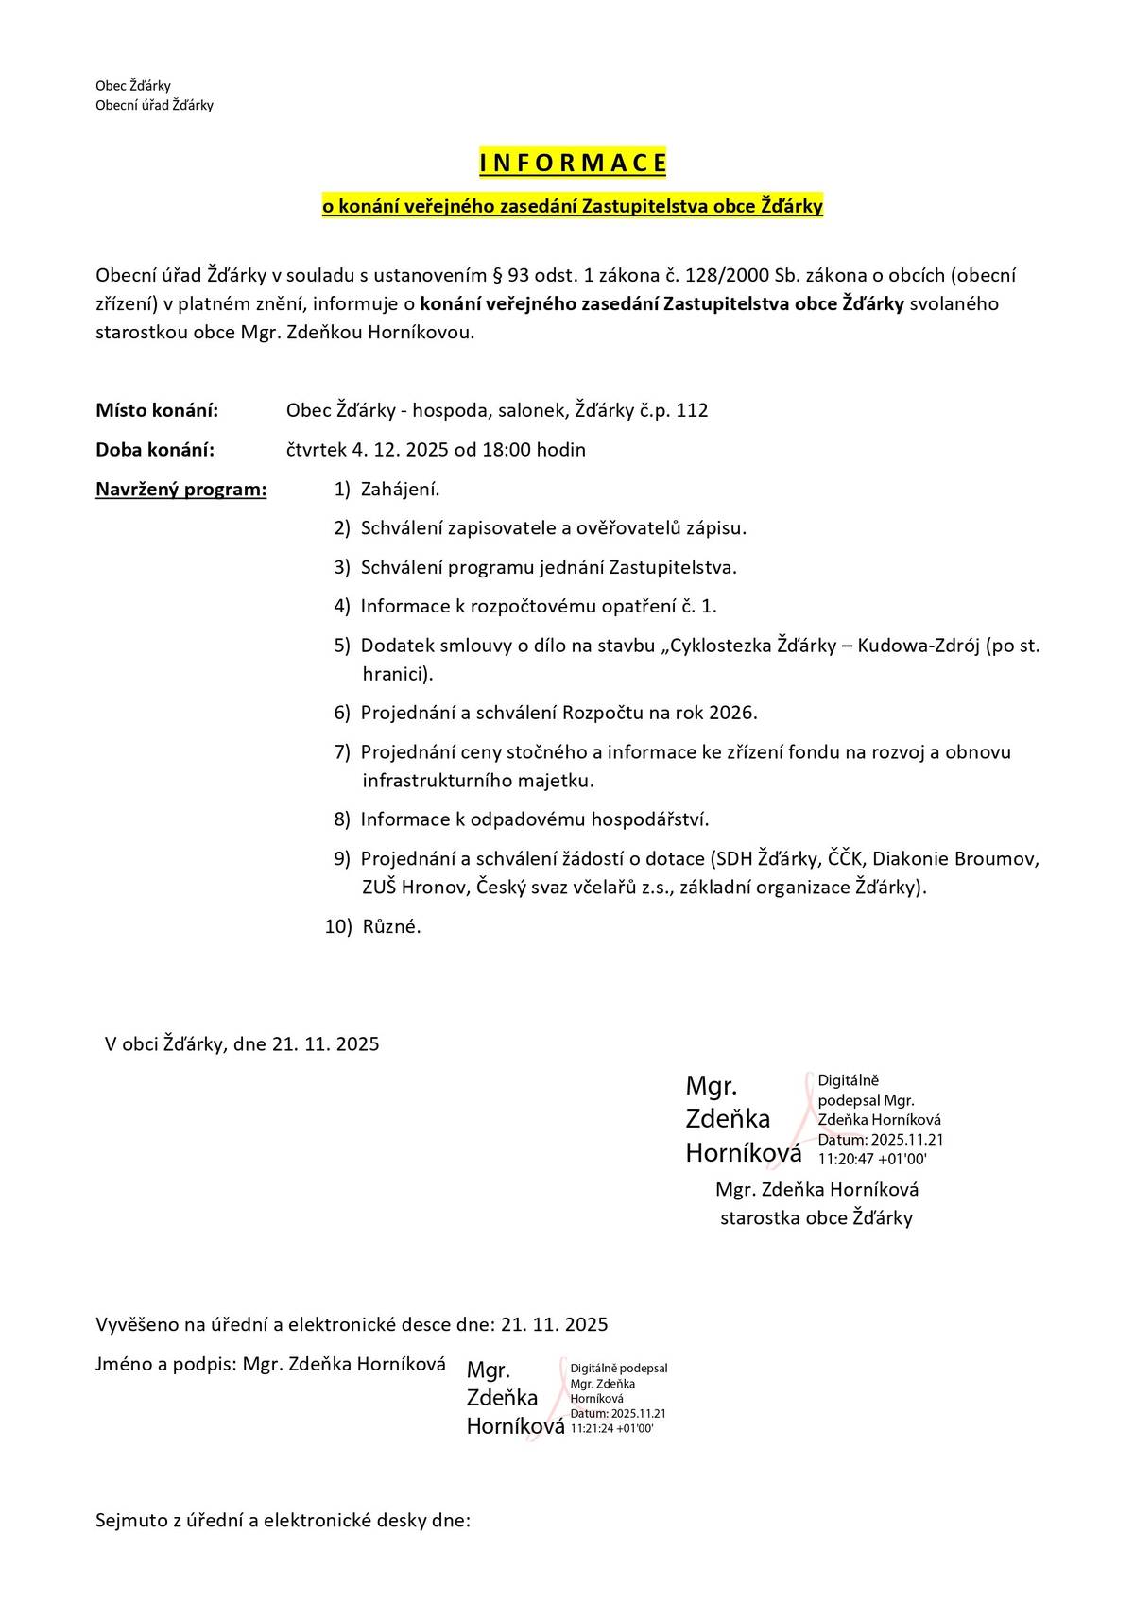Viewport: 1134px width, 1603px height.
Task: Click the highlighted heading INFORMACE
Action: click(573, 164)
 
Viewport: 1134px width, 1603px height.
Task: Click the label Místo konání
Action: click(157, 410)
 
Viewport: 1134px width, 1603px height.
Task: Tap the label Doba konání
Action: click(155, 450)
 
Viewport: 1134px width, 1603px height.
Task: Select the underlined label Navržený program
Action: click(181, 490)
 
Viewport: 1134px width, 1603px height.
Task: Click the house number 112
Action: click(692, 410)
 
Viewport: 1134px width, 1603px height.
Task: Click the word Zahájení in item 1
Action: click(401, 490)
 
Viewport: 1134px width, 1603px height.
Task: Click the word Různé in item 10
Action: click(391, 927)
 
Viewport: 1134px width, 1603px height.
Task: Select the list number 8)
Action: click(342, 819)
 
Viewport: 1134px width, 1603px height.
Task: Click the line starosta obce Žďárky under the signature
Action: click(816, 1218)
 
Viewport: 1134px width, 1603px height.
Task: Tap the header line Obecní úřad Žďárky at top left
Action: click(154, 105)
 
